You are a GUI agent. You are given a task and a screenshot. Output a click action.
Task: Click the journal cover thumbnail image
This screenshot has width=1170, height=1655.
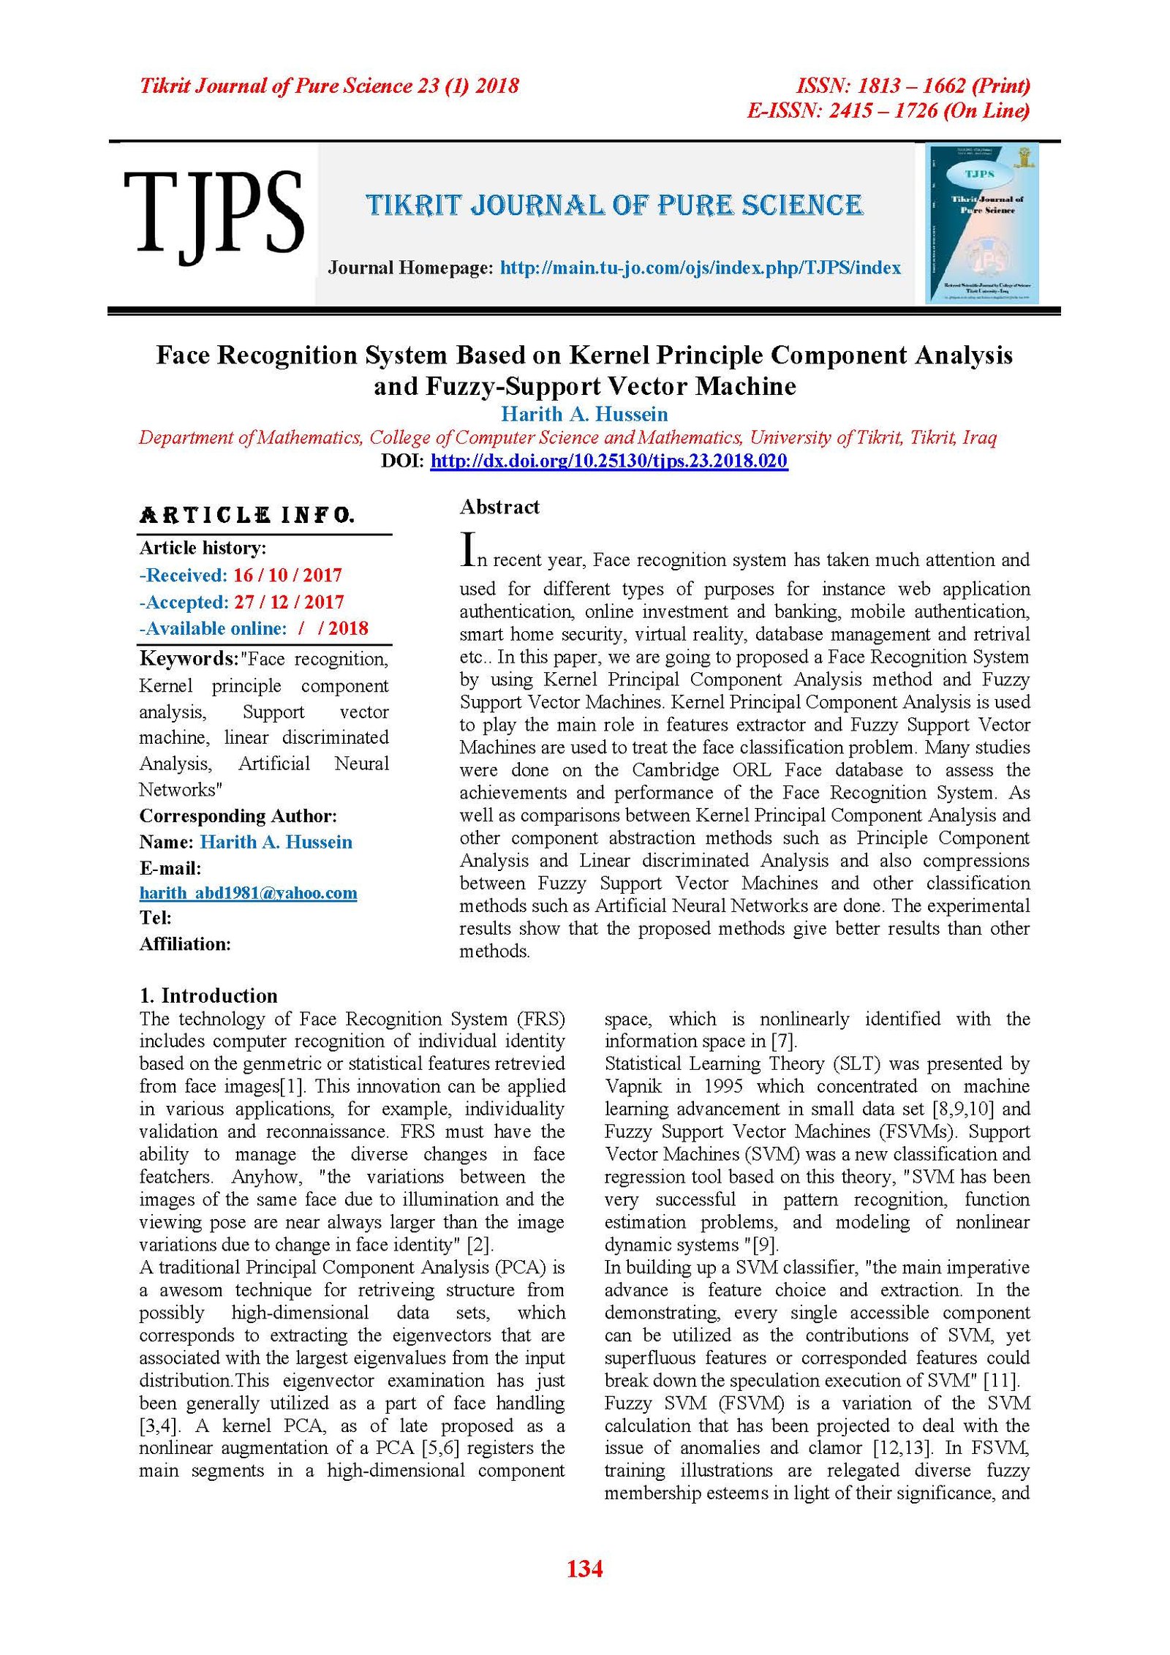(x=982, y=224)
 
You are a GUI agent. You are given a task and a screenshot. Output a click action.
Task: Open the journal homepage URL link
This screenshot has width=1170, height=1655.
(x=700, y=268)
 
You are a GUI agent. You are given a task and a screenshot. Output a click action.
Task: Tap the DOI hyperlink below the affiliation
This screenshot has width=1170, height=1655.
(x=608, y=461)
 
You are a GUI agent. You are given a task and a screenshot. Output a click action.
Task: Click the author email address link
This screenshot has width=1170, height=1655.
(x=248, y=893)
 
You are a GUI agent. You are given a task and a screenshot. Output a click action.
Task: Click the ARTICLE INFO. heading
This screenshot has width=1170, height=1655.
(x=247, y=516)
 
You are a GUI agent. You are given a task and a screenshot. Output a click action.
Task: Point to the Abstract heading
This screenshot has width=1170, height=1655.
(x=499, y=507)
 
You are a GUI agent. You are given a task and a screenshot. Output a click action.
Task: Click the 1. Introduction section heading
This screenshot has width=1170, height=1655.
(x=208, y=995)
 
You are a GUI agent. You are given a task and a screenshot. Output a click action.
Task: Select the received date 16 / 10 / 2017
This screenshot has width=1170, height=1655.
(x=287, y=576)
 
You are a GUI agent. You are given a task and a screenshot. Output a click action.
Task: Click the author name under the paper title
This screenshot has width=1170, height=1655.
(x=584, y=415)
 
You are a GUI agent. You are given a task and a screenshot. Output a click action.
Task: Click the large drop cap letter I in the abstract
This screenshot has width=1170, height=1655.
(x=467, y=550)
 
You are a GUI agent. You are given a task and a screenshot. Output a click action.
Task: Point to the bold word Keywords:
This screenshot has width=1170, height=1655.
(x=189, y=659)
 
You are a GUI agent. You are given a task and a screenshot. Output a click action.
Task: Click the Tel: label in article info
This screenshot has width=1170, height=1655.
(x=155, y=918)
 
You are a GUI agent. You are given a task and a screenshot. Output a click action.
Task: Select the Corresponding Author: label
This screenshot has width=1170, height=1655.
(x=238, y=816)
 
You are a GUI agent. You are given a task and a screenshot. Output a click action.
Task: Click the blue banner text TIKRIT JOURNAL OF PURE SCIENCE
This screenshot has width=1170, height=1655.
(x=614, y=206)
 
